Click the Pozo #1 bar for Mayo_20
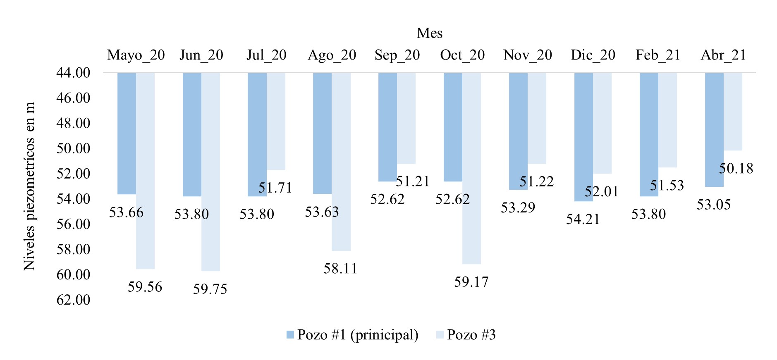[127, 133]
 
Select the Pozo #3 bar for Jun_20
[210, 172]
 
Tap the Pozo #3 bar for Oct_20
[471, 168]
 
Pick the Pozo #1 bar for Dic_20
[583, 137]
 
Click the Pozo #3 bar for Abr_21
[733, 112]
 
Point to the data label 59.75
[210, 289]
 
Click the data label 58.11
[340, 269]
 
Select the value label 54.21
[583, 219]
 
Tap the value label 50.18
[736, 169]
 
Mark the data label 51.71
[275, 188]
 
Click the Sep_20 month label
[397, 55]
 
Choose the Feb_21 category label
[658, 55]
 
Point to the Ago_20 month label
[332, 55]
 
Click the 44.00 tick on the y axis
[73, 73]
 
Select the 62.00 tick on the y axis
[73, 300]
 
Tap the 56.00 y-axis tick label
[73, 224]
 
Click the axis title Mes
[429, 33]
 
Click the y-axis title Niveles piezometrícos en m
[29, 186]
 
